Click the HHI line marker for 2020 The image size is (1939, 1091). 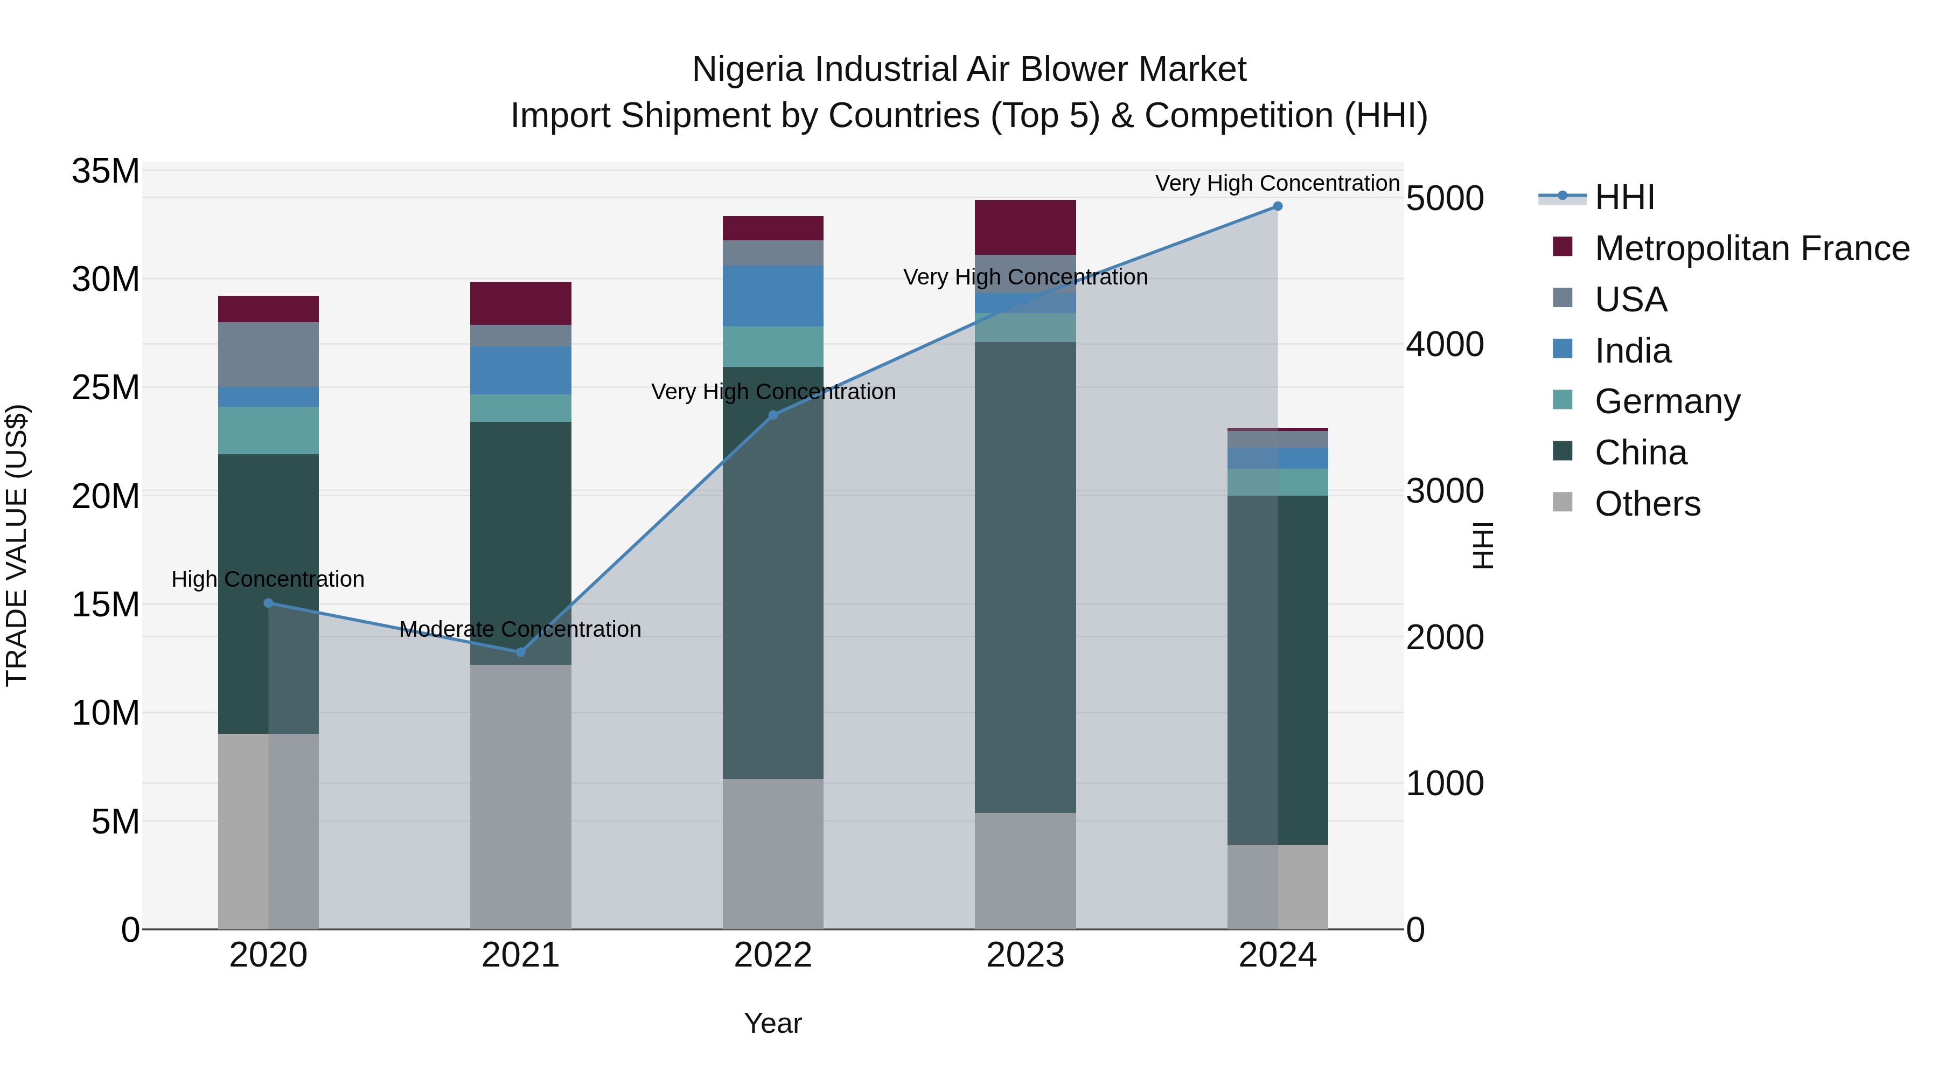pyautogui.click(x=268, y=603)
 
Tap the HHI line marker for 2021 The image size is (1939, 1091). pyautogui.click(x=521, y=652)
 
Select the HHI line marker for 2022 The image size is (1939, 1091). pyautogui.click(x=773, y=415)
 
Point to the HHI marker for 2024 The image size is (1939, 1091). pyautogui.click(x=1278, y=206)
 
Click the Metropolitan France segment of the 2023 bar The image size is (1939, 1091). pyautogui.click(x=1025, y=227)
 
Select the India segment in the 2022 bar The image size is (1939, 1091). pyautogui.click(x=773, y=296)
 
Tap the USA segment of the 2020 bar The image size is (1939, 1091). pyautogui.click(x=268, y=355)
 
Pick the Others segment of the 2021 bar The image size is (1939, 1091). pyautogui.click(x=521, y=797)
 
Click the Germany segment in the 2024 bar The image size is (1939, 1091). pyautogui.click(x=1278, y=482)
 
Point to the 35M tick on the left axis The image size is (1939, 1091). pyautogui.click(x=106, y=171)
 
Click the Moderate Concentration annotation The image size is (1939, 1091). pyautogui.click(x=520, y=629)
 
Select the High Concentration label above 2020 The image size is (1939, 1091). pyautogui.click(x=268, y=579)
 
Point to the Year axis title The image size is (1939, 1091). pyautogui.click(x=773, y=1023)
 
